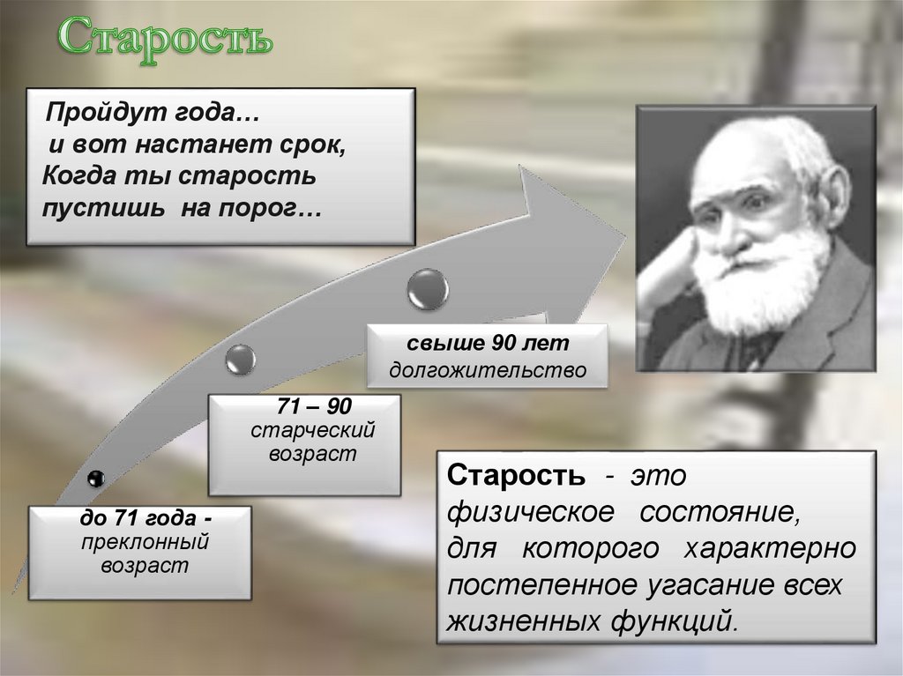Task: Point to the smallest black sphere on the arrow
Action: [x=96, y=478]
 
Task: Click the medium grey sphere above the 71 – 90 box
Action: [x=240, y=359]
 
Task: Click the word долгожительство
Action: [x=489, y=370]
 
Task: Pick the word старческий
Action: [x=314, y=432]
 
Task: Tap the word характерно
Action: [x=769, y=548]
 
